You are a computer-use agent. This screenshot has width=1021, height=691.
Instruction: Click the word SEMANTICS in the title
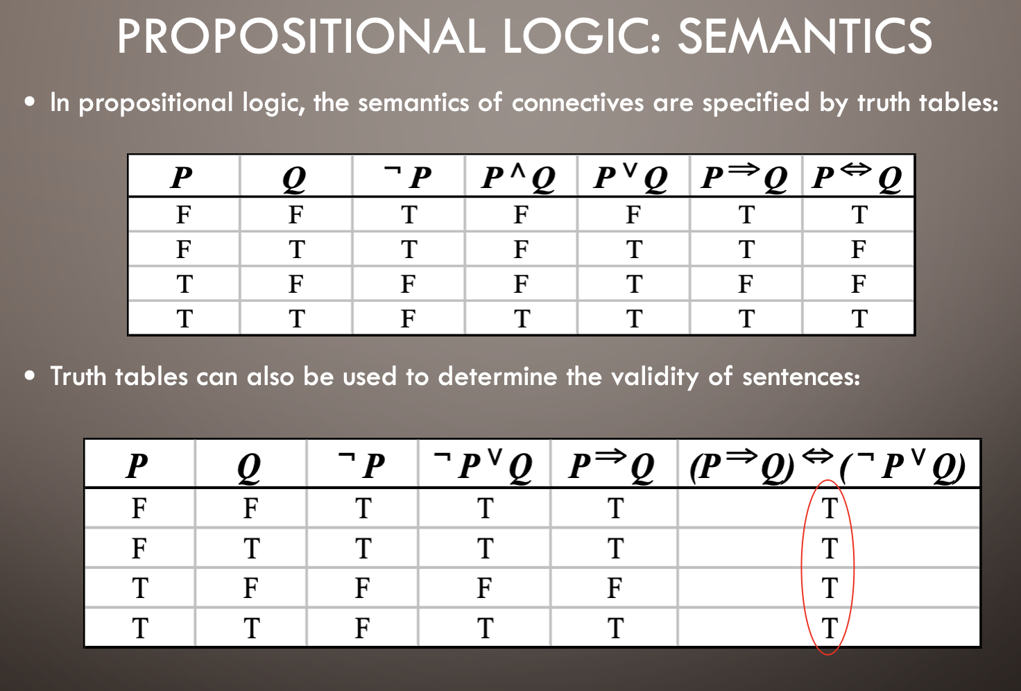click(805, 37)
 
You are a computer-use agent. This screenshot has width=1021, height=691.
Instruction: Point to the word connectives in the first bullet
click(578, 102)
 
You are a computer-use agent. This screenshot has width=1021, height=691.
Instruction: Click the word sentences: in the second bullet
click(801, 377)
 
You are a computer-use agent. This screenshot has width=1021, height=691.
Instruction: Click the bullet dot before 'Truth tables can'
click(30, 376)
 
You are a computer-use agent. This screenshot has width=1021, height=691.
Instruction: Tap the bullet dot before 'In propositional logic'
click(30, 102)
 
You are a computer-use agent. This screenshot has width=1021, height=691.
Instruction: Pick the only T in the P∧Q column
click(522, 318)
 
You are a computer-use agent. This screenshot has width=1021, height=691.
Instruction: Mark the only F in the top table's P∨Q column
click(633, 214)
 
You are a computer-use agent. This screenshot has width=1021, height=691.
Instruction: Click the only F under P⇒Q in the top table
click(745, 284)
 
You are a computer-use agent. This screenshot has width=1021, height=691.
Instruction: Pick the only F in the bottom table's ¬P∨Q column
click(484, 588)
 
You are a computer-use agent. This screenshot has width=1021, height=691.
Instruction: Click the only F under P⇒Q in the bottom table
click(615, 588)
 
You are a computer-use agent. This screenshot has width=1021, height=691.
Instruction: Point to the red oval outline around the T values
click(803, 568)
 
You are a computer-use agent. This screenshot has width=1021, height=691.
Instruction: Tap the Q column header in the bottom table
click(249, 467)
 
